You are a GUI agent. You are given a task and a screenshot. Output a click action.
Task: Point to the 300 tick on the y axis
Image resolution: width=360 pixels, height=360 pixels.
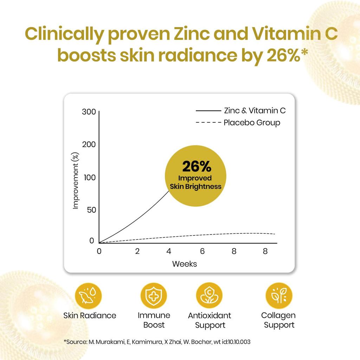(89, 112)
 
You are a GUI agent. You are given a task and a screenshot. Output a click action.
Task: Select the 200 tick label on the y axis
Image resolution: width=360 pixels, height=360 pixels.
(89, 145)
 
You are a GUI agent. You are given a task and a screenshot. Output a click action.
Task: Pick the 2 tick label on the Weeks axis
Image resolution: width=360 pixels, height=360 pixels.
(137, 251)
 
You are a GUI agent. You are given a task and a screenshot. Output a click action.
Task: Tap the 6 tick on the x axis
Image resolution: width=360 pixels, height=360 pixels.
(202, 251)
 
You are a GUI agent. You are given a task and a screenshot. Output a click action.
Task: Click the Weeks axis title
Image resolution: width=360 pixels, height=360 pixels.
(185, 264)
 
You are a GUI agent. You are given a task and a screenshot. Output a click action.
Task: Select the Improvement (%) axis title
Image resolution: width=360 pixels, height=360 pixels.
(76, 181)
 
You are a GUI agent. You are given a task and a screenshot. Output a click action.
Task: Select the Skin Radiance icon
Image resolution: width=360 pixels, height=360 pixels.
(88, 296)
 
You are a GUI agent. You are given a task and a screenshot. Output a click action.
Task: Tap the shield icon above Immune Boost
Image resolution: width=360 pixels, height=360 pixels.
(154, 296)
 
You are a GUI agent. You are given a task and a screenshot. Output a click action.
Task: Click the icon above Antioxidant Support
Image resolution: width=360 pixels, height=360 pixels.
(209, 296)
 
